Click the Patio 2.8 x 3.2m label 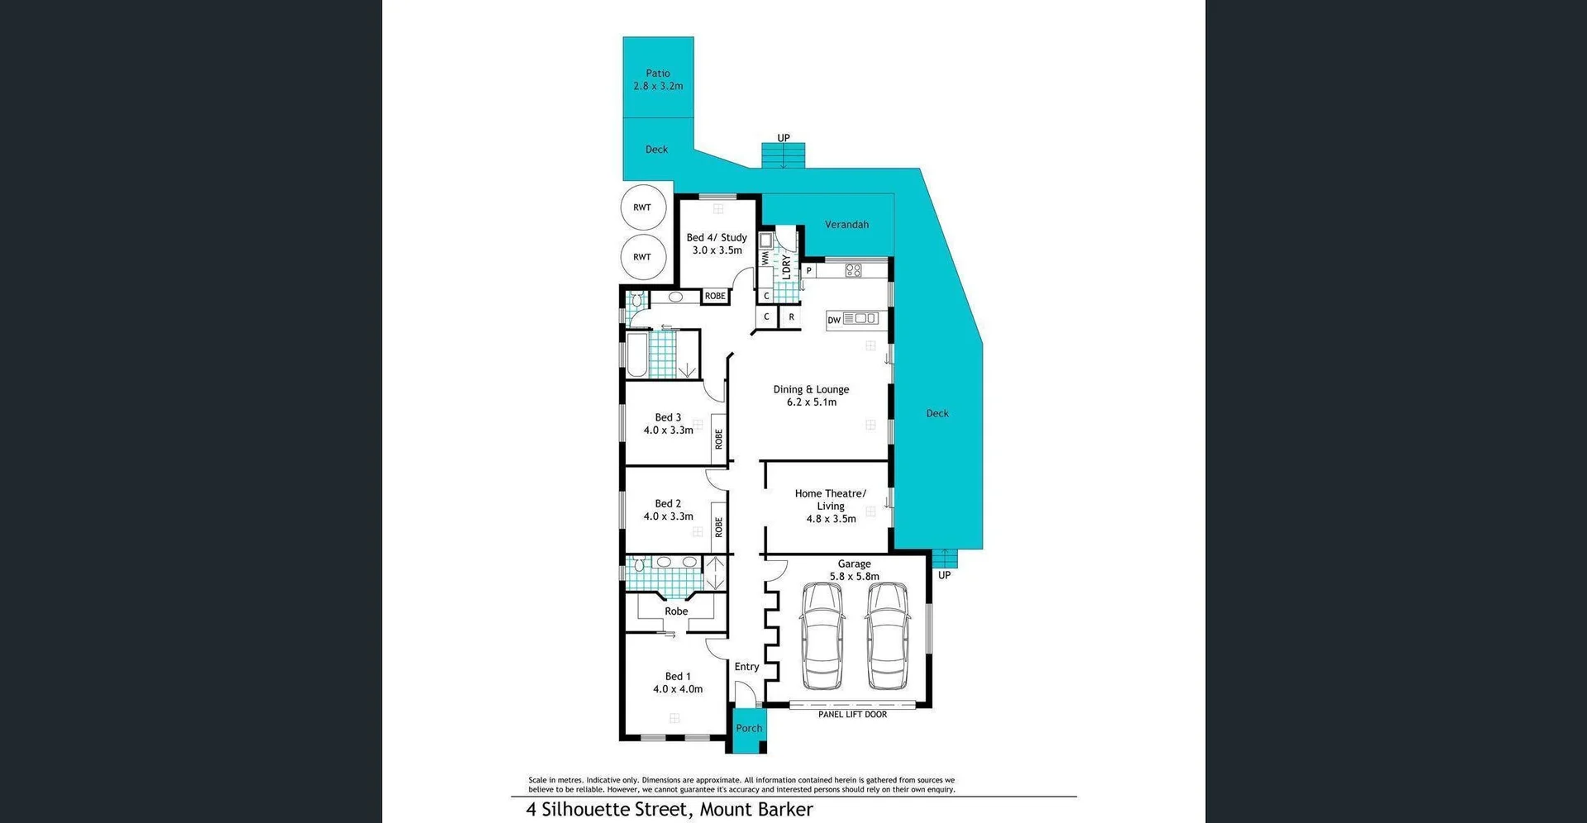coord(658,79)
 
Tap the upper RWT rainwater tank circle coord(642,207)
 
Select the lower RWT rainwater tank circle coord(642,257)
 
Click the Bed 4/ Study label coord(717,243)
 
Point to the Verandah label coord(846,225)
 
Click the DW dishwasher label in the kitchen coord(834,320)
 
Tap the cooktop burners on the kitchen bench coord(853,270)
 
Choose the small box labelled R coord(791,316)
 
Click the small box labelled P coord(808,270)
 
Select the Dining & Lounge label coord(811,395)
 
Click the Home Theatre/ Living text coord(831,505)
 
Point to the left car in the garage coord(822,636)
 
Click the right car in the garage coord(889,636)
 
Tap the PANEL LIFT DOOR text coord(852,715)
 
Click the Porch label coord(749,728)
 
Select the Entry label coord(746,667)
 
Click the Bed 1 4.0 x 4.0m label coord(678,683)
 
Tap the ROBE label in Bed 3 coord(718,438)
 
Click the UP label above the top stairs coord(784,138)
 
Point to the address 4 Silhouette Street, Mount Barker coord(670,810)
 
